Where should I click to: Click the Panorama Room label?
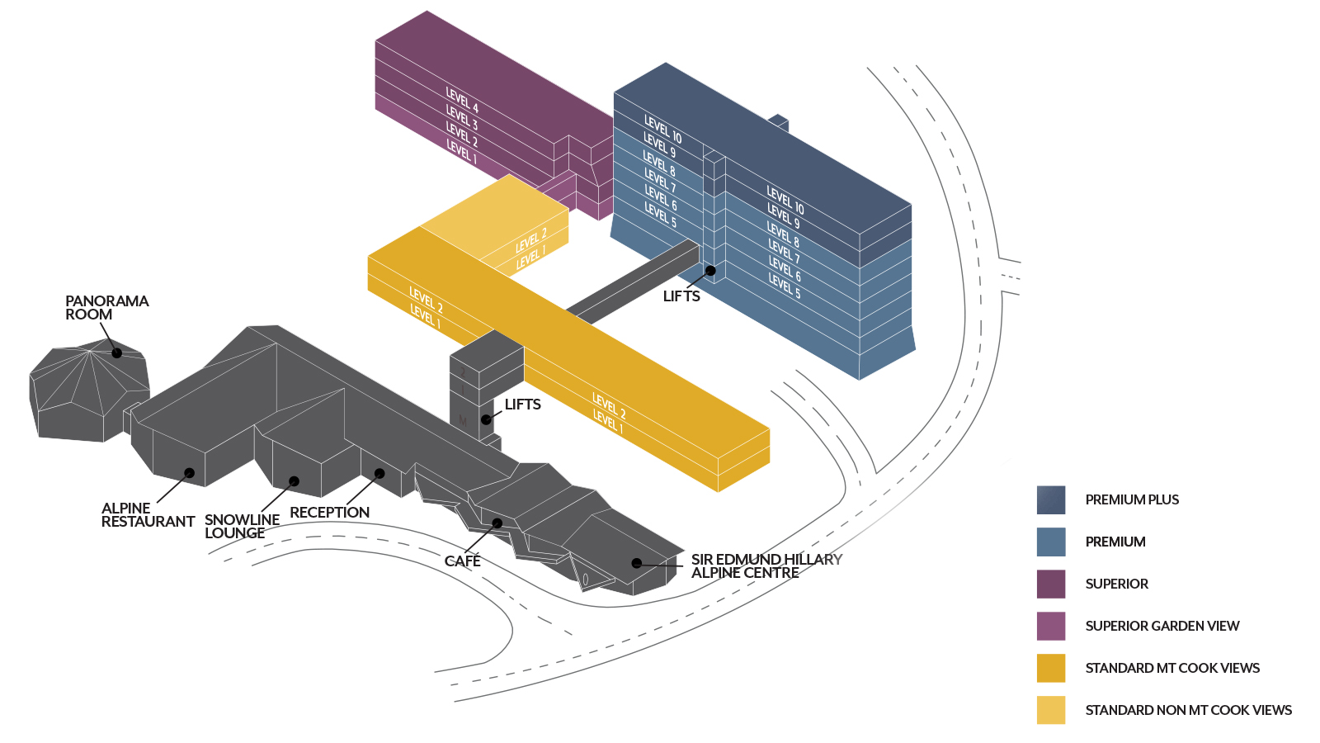106,308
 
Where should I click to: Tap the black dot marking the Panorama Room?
117,353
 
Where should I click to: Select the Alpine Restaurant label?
147,515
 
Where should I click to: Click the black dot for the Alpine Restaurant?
190,473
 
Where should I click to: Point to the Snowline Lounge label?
242,526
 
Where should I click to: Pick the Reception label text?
329,513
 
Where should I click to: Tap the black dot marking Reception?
379,474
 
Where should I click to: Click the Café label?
462,561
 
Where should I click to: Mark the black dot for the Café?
497,523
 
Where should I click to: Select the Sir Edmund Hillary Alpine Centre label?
766,566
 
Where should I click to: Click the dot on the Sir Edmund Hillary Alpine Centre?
637,563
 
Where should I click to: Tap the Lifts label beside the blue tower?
681,296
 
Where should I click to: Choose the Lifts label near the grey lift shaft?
522,405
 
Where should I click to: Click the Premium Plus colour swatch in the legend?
1050,499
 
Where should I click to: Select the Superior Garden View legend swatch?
1050,626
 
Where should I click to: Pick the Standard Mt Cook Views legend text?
1171,668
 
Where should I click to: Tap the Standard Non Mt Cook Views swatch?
1050,710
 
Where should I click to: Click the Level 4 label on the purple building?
462,100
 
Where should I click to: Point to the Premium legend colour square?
1050,542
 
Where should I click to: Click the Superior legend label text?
1116,584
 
